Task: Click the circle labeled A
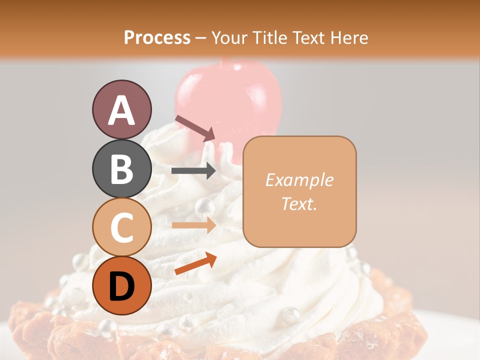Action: pos(121,109)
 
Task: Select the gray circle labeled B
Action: pos(121,168)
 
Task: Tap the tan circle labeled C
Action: pos(121,227)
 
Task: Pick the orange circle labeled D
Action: pos(121,285)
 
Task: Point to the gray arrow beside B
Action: pos(193,171)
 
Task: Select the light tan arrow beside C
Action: pos(193,225)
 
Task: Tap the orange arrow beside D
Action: pos(195,263)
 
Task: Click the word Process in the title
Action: pos(157,38)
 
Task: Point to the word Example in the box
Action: pos(299,180)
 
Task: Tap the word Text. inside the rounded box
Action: pos(299,203)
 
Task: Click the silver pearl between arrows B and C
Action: pos(204,205)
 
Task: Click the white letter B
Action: pos(121,168)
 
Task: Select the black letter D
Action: pos(121,286)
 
